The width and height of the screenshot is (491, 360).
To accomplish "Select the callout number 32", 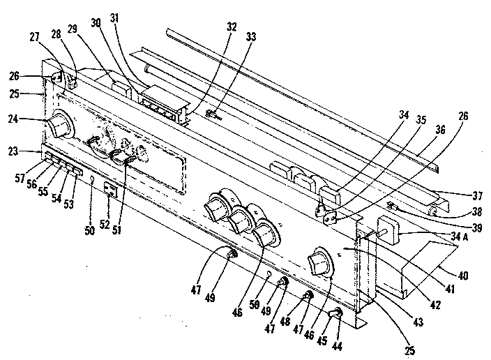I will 232,27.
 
